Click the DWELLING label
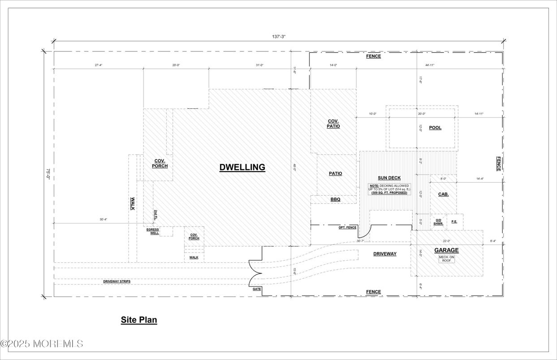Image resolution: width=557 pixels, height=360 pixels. pos(242,167)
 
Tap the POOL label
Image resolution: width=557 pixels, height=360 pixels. pos(435,128)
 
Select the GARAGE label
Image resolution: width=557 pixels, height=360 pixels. pos(446,250)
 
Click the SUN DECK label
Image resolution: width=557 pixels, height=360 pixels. pos(389,178)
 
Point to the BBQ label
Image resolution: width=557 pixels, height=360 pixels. pos(335,199)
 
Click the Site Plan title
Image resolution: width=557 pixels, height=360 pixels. pos(139,320)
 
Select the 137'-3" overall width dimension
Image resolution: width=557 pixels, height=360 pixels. pos(278,37)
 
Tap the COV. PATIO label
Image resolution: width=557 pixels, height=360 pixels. pos(333,124)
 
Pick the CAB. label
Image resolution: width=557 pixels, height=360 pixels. pos(443,194)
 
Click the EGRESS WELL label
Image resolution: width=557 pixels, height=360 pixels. pos(152,231)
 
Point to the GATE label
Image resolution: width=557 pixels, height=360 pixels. pos(256,289)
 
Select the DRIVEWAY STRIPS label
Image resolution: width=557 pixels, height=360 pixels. pos(117,281)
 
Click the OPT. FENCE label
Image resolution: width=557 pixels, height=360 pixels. pos(347,227)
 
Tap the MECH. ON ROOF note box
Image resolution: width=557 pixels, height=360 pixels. pos(446,259)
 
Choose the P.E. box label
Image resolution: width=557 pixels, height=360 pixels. pos(454,222)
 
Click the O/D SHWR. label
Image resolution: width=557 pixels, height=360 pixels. pos(438,222)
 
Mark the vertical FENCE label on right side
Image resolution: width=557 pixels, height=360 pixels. pos(498,163)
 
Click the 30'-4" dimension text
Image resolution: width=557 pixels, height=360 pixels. pos(104,219)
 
